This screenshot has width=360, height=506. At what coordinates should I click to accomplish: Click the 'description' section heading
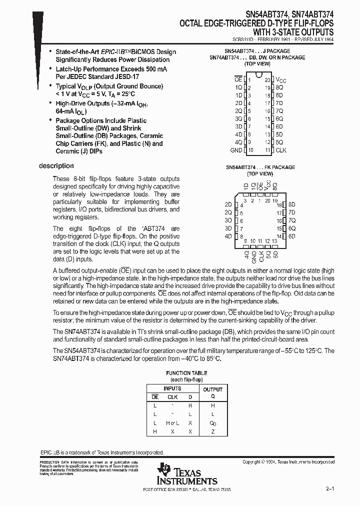56,166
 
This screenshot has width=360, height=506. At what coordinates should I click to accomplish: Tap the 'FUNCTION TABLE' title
186,373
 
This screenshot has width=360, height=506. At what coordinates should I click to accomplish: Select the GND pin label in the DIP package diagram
235,150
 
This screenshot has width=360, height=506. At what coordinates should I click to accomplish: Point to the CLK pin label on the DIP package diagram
280,150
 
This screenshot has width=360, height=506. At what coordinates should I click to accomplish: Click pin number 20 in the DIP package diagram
267,80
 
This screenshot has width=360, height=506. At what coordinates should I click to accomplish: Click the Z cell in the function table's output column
212,430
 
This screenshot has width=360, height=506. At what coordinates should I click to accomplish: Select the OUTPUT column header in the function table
212,389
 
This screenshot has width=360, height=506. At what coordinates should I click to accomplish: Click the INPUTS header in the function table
172,388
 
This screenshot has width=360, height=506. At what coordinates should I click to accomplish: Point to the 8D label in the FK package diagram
292,204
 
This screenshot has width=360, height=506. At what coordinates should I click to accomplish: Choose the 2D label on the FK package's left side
228,204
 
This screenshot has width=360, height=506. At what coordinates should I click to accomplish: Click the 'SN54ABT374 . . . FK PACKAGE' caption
259,167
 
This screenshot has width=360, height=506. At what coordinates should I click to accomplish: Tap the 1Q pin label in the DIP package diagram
238,87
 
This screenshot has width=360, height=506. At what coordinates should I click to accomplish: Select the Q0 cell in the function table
212,423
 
